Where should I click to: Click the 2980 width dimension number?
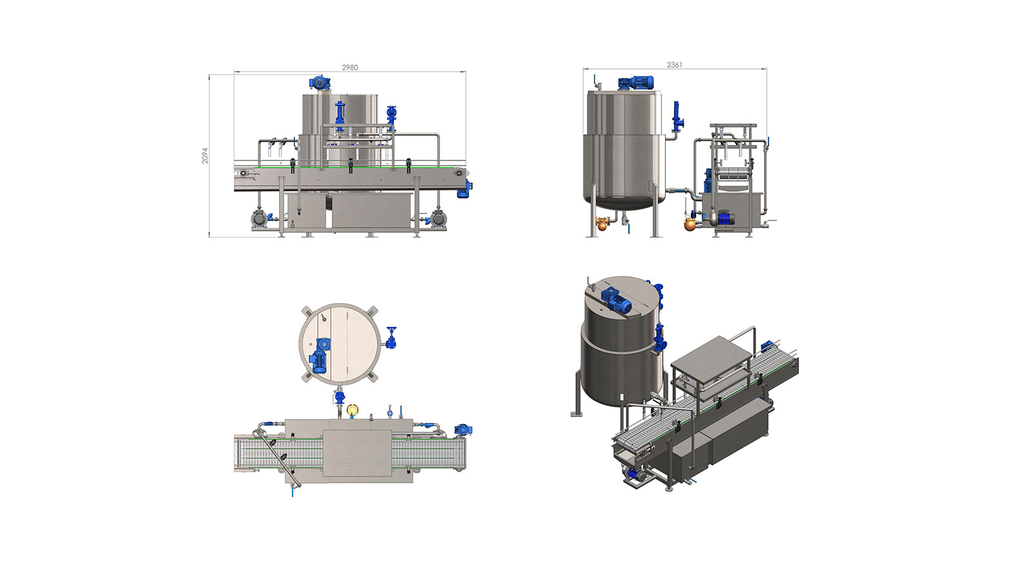tap(350, 67)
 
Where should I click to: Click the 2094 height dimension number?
tap(205, 155)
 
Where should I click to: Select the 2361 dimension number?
tap(674, 65)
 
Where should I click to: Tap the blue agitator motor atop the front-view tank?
tap(320, 83)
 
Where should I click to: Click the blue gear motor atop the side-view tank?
tap(635, 83)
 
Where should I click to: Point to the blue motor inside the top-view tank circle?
tap(320, 355)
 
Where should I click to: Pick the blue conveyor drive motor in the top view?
tap(463, 430)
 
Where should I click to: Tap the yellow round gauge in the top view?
tap(352, 409)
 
